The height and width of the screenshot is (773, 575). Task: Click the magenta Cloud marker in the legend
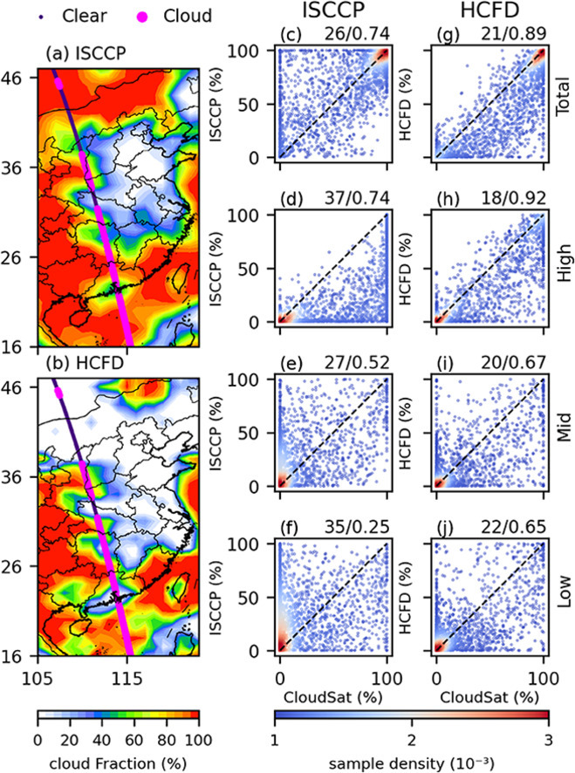coord(143,16)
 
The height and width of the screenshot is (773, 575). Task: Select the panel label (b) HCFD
coord(85,363)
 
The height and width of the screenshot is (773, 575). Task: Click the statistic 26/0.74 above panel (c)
coord(357,33)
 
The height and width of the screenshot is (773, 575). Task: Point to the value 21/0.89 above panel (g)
coord(513,33)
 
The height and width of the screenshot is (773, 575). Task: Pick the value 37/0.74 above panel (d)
coord(357,198)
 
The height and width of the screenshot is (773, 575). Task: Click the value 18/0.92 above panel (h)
coord(513,198)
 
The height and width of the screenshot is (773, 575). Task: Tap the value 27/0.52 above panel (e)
coord(357,362)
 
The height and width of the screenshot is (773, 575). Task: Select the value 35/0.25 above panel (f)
coord(357,526)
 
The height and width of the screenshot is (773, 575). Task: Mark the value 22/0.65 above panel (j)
coord(513,526)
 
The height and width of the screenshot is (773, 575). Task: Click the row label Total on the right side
coord(563,97)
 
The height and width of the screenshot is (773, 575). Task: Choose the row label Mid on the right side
coord(563,427)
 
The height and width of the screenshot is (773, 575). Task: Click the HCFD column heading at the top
coord(489,10)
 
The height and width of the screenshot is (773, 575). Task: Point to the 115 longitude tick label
coord(127,679)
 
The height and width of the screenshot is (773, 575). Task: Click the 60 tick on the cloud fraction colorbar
coord(134,740)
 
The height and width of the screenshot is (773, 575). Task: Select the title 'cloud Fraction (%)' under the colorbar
coord(119,763)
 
